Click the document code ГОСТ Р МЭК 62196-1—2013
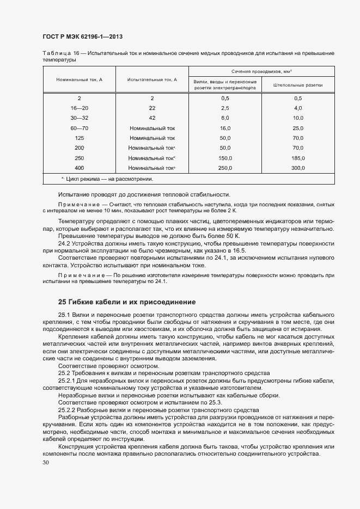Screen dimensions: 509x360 tap(82, 36)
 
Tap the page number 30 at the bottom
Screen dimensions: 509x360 tap(45, 462)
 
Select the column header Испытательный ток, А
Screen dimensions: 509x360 tap(152, 79)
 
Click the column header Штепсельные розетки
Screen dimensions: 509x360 tap(297, 85)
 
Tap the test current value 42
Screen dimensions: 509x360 tap(152, 118)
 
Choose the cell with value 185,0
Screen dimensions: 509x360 tap(297, 158)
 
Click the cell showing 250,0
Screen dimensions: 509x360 tap(225, 168)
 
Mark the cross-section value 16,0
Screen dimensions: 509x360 tap(225, 127)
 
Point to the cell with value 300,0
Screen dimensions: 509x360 tap(297, 168)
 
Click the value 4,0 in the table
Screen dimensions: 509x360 tap(297, 108)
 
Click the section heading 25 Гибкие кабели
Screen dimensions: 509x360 tap(126, 302)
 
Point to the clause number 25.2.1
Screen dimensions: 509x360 tap(68, 381)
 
